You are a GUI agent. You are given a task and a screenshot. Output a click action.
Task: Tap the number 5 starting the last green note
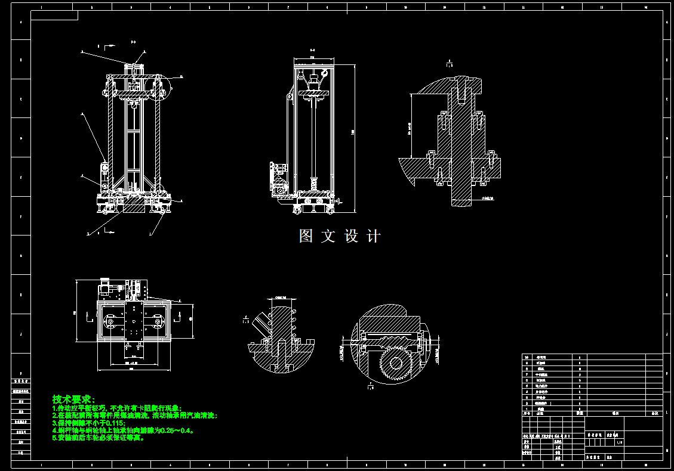coord(54,438)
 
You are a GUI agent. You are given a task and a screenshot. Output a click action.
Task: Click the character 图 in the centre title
coord(306,236)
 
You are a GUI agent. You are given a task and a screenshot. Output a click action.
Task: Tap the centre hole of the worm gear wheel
coord(395,361)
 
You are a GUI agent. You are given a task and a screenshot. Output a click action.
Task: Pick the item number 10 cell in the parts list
coord(527,357)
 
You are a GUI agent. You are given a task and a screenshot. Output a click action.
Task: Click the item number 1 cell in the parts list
coord(527,408)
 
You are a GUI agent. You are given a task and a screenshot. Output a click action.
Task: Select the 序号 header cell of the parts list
coord(527,413)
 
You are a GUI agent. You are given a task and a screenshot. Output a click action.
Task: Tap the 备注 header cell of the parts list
coord(654,413)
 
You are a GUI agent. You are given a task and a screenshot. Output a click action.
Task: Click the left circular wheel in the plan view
coord(110,323)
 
